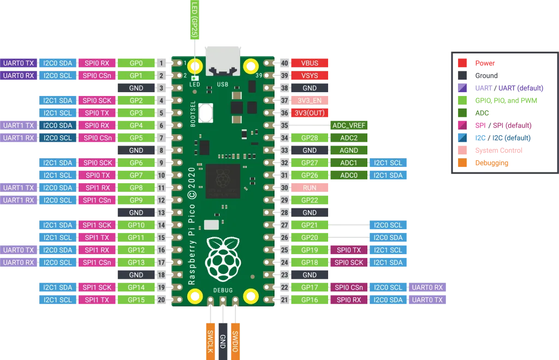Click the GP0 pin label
click(x=136, y=63)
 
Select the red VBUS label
click(x=310, y=63)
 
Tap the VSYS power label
click(x=310, y=76)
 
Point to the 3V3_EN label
click(x=310, y=101)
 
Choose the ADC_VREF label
click(x=349, y=125)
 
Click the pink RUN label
click(x=310, y=188)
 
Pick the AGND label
click(x=349, y=151)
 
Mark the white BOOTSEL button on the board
click(x=206, y=112)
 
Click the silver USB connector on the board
click(x=223, y=62)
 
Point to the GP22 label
click(x=310, y=200)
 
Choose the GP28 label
click(x=310, y=138)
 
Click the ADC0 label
click(x=349, y=175)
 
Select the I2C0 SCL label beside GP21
click(x=388, y=225)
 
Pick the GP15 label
click(x=136, y=300)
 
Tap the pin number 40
click(x=284, y=63)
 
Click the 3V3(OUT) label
click(x=310, y=113)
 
